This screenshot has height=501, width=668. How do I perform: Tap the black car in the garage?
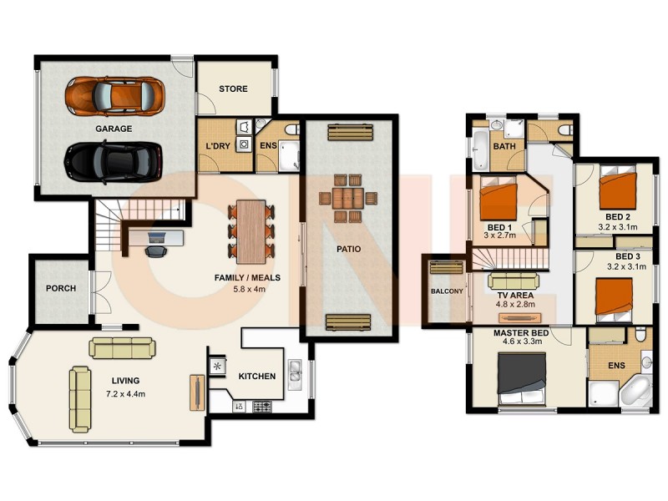click(x=113, y=160)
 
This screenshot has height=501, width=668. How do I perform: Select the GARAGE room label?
click(x=113, y=129)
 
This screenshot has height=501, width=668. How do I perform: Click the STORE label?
click(x=234, y=89)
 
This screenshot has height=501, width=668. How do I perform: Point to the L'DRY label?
click(x=217, y=147)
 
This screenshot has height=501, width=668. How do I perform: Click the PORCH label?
click(x=60, y=289)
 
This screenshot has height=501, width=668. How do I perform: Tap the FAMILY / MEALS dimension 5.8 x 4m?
click(x=246, y=291)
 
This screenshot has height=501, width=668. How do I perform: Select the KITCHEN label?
click(x=256, y=377)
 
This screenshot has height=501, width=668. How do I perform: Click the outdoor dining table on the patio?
click(x=347, y=199)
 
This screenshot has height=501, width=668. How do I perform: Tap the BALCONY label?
click(x=446, y=291)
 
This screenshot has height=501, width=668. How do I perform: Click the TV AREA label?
click(x=514, y=296)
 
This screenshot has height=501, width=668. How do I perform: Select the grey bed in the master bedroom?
click(x=522, y=374)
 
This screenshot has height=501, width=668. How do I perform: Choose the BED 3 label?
click(x=628, y=256)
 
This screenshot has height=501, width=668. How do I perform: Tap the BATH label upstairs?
click(x=504, y=147)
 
